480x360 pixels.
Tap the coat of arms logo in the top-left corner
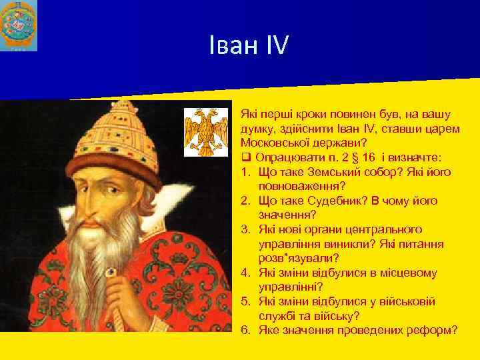(19, 25)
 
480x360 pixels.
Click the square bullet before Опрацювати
(245, 158)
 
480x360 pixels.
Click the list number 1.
(245, 172)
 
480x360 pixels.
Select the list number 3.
(245, 229)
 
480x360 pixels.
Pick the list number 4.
(245, 272)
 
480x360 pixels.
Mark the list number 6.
(245, 329)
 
